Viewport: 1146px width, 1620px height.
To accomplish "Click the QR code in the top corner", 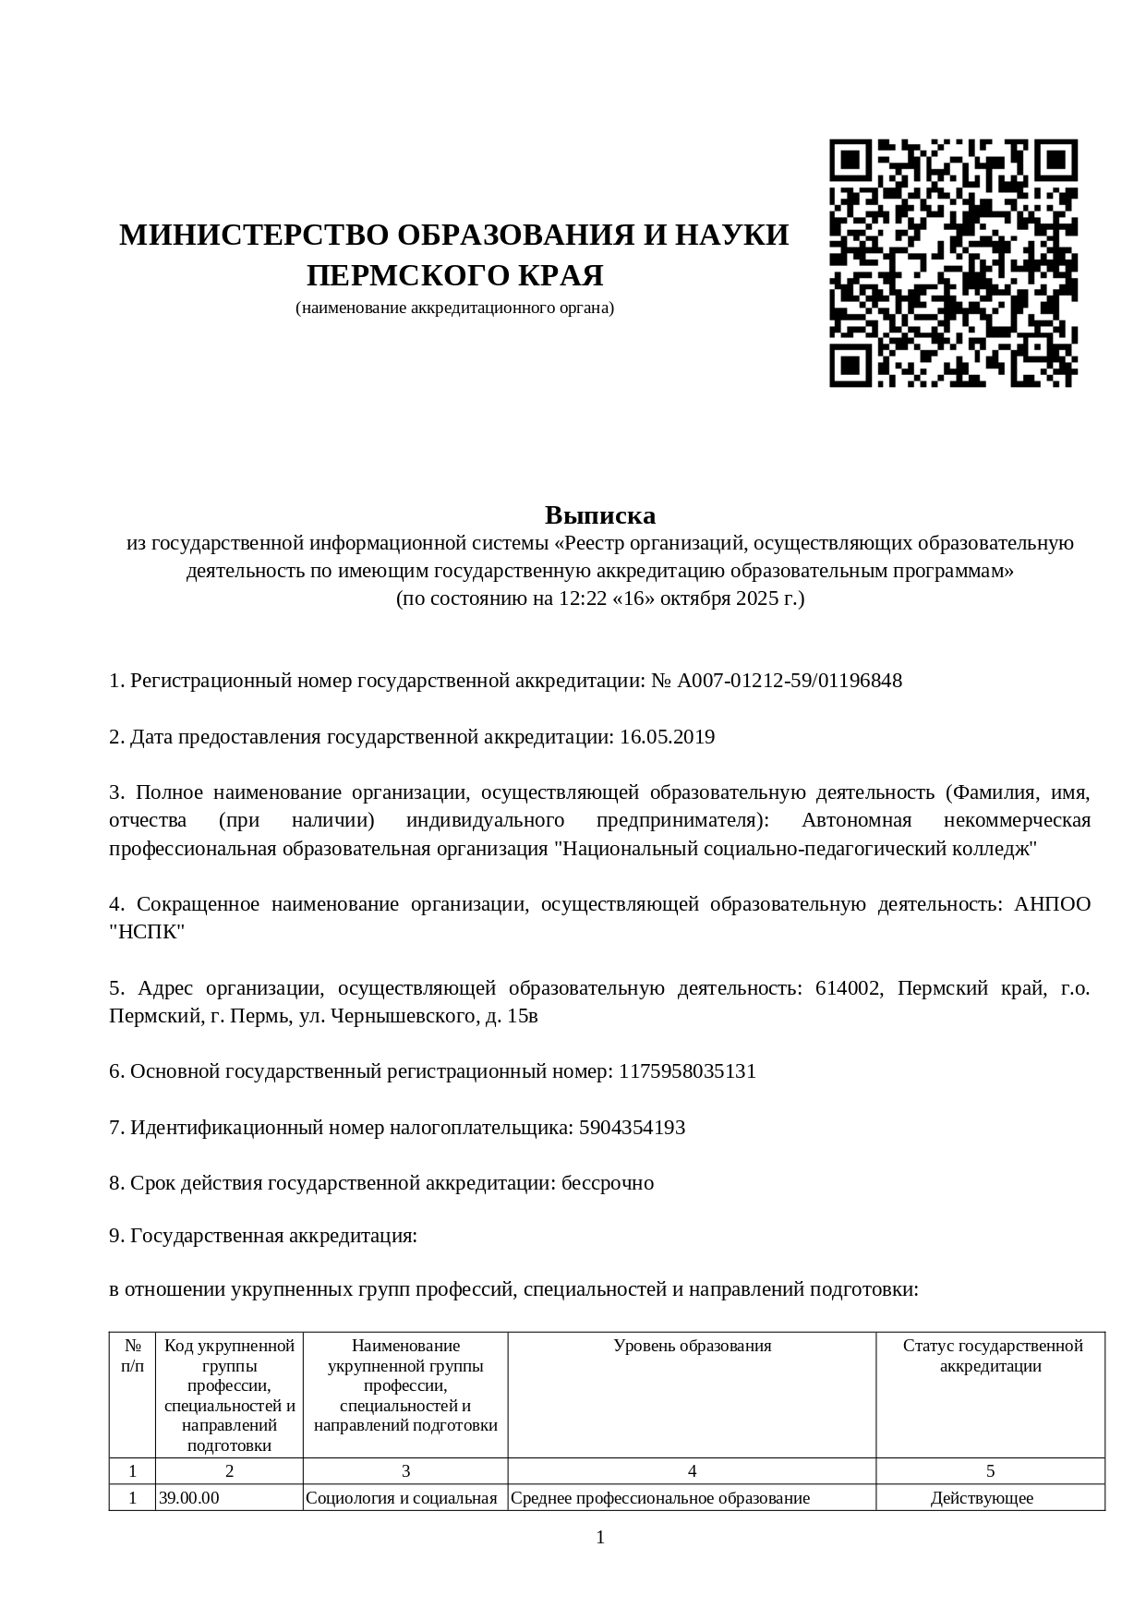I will (953, 263).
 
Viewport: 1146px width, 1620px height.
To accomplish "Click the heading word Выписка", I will (599, 514).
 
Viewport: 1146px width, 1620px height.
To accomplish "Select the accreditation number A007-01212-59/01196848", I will (789, 681).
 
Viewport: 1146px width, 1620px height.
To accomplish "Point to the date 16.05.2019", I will (667, 737).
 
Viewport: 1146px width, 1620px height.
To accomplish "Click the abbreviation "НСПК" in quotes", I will (147, 932).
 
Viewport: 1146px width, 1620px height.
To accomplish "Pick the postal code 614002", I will (847, 988).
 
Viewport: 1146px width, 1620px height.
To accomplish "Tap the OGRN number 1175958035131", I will (687, 1071).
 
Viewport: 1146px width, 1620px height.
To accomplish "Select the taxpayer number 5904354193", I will (632, 1128).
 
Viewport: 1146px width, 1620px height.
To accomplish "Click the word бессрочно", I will (608, 1183).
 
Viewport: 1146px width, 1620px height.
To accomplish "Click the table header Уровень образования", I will (692, 1346).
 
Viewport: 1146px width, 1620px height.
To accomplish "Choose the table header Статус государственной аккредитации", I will (991, 1356).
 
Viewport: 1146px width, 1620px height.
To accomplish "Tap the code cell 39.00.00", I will (189, 1498).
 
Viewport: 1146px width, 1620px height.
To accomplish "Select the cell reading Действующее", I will (982, 1498).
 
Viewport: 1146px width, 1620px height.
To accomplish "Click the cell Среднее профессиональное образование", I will (660, 1498).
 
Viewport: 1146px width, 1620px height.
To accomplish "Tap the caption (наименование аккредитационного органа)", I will (454, 308).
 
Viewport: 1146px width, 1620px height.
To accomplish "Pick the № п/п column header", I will (132, 1356).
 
